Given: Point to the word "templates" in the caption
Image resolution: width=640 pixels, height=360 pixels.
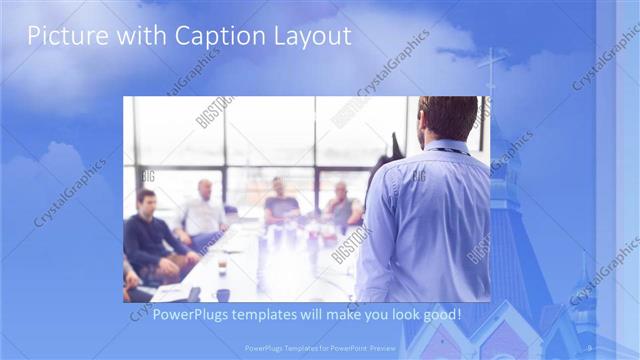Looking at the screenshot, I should pyautogui.click(x=269, y=315).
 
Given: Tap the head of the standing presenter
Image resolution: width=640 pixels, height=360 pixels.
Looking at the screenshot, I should pyautogui.click(x=447, y=118).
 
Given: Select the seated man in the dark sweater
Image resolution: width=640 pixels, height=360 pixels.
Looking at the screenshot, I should pyautogui.click(x=151, y=235).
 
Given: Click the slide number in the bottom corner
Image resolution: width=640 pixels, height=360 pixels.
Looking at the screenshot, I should pyautogui.click(x=590, y=347).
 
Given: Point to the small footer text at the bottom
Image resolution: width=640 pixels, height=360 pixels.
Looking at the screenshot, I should pyautogui.click(x=320, y=348).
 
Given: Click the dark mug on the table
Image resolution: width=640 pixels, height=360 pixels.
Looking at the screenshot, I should pyautogui.click(x=223, y=294).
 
